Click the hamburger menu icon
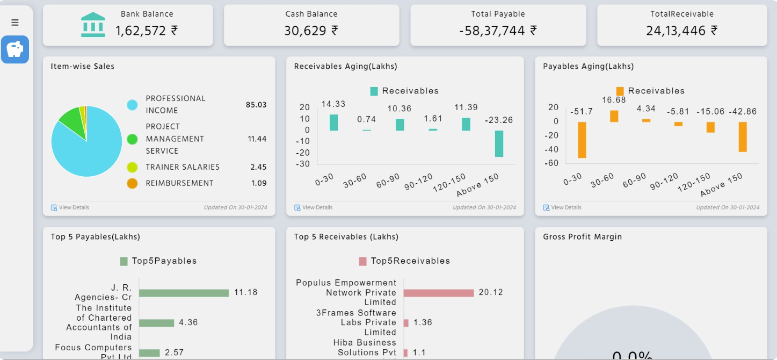(x=15, y=23)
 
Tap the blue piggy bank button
(x=15, y=49)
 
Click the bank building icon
(x=93, y=25)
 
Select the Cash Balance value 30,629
(x=311, y=31)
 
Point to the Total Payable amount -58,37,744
(x=498, y=31)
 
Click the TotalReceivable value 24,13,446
(x=681, y=31)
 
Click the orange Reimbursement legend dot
(x=132, y=183)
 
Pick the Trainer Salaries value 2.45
(x=258, y=167)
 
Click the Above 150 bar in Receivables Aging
(x=499, y=143)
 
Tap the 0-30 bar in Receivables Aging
(x=333, y=123)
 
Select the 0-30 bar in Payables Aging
(x=582, y=140)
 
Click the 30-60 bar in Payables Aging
(x=614, y=116)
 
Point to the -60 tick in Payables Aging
(x=553, y=163)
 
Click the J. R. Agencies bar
(x=184, y=293)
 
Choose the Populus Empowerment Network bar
(x=438, y=293)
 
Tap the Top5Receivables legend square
(x=362, y=261)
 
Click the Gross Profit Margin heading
(x=582, y=237)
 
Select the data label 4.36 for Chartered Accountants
(x=188, y=323)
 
